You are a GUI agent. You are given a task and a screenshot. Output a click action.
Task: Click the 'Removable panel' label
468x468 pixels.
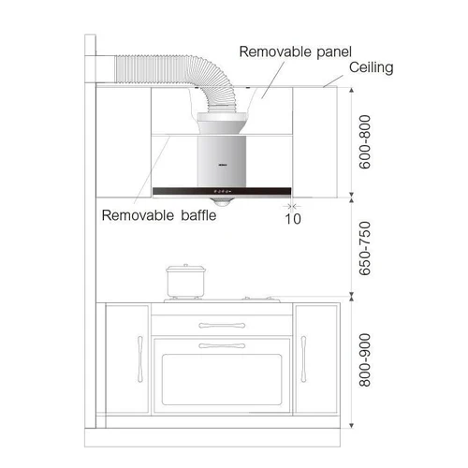pos(295,52)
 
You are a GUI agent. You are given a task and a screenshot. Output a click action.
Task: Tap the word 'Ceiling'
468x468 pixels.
pos(371,67)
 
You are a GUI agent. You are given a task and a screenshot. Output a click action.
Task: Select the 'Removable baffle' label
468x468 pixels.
pos(159,215)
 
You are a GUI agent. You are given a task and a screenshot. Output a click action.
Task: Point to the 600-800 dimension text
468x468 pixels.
pos(365,142)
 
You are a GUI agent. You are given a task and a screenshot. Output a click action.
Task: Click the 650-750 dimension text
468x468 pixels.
pos(365,249)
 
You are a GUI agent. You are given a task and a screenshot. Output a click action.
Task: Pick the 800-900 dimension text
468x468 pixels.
pos(365,360)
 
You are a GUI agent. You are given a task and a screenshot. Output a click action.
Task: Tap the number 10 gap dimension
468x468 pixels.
pos(293,219)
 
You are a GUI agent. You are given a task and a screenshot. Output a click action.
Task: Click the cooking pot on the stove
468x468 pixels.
pos(186,281)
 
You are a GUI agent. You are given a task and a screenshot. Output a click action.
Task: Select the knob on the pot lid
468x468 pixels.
pos(185,266)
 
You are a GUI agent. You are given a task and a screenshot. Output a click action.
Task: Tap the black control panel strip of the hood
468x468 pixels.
pos(222,191)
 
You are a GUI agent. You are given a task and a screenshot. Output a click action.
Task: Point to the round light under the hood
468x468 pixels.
pos(222,202)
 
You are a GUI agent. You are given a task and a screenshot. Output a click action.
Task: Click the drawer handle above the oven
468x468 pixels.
pos(222,326)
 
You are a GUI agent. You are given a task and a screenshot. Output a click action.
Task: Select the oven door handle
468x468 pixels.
pos(222,345)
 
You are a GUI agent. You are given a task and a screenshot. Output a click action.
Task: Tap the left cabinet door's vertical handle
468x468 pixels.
pos(140,359)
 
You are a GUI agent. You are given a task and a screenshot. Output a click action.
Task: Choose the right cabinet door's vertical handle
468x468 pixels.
pos(303,359)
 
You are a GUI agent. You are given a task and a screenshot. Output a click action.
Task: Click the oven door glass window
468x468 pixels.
pos(222,380)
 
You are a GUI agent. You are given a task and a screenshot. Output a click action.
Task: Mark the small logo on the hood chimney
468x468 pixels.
pos(222,165)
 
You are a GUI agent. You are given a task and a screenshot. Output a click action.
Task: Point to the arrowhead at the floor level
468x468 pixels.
pos(352,426)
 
